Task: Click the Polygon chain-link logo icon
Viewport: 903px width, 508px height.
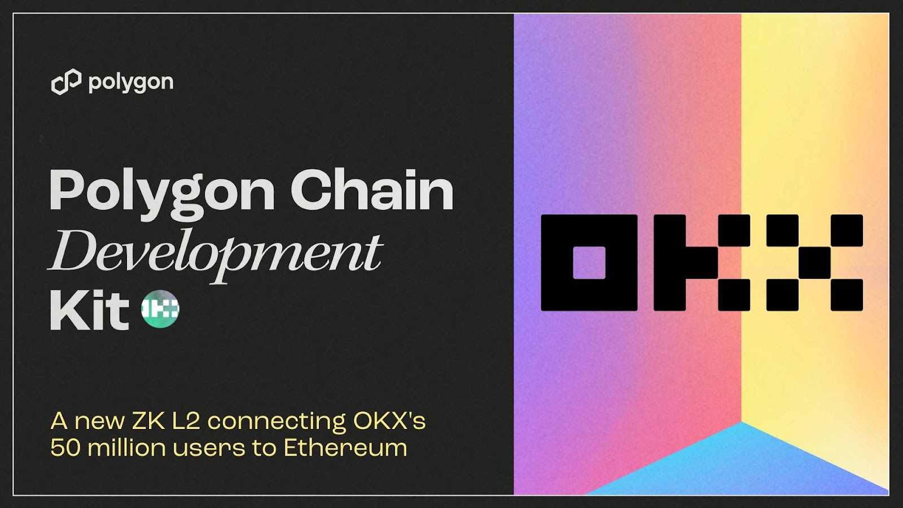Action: pyautogui.click(x=66, y=82)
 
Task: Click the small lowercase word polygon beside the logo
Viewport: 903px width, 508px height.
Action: pyautogui.click(x=131, y=83)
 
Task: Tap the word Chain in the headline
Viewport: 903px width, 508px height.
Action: pyautogui.click(x=372, y=190)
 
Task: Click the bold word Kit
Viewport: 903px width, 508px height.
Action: pyautogui.click(x=89, y=311)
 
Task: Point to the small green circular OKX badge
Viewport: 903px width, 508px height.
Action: pyautogui.click(x=160, y=309)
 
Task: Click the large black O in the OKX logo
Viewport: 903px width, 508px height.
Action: pyautogui.click(x=589, y=262)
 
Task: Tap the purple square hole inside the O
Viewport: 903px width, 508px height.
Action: pyautogui.click(x=589, y=262)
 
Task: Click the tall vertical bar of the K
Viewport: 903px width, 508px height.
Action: pyautogui.click(x=669, y=262)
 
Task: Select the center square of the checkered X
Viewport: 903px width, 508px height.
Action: pyautogui.click(x=814, y=262)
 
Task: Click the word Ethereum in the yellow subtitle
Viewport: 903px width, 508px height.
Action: pyautogui.click(x=345, y=448)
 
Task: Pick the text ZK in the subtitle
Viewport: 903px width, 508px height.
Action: pyautogui.click(x=149, y=421)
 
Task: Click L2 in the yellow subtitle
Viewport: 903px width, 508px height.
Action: pyautogui.click(x=186, y=421)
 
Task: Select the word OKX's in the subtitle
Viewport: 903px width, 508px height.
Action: pyautogui.click(x=389, y=421)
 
